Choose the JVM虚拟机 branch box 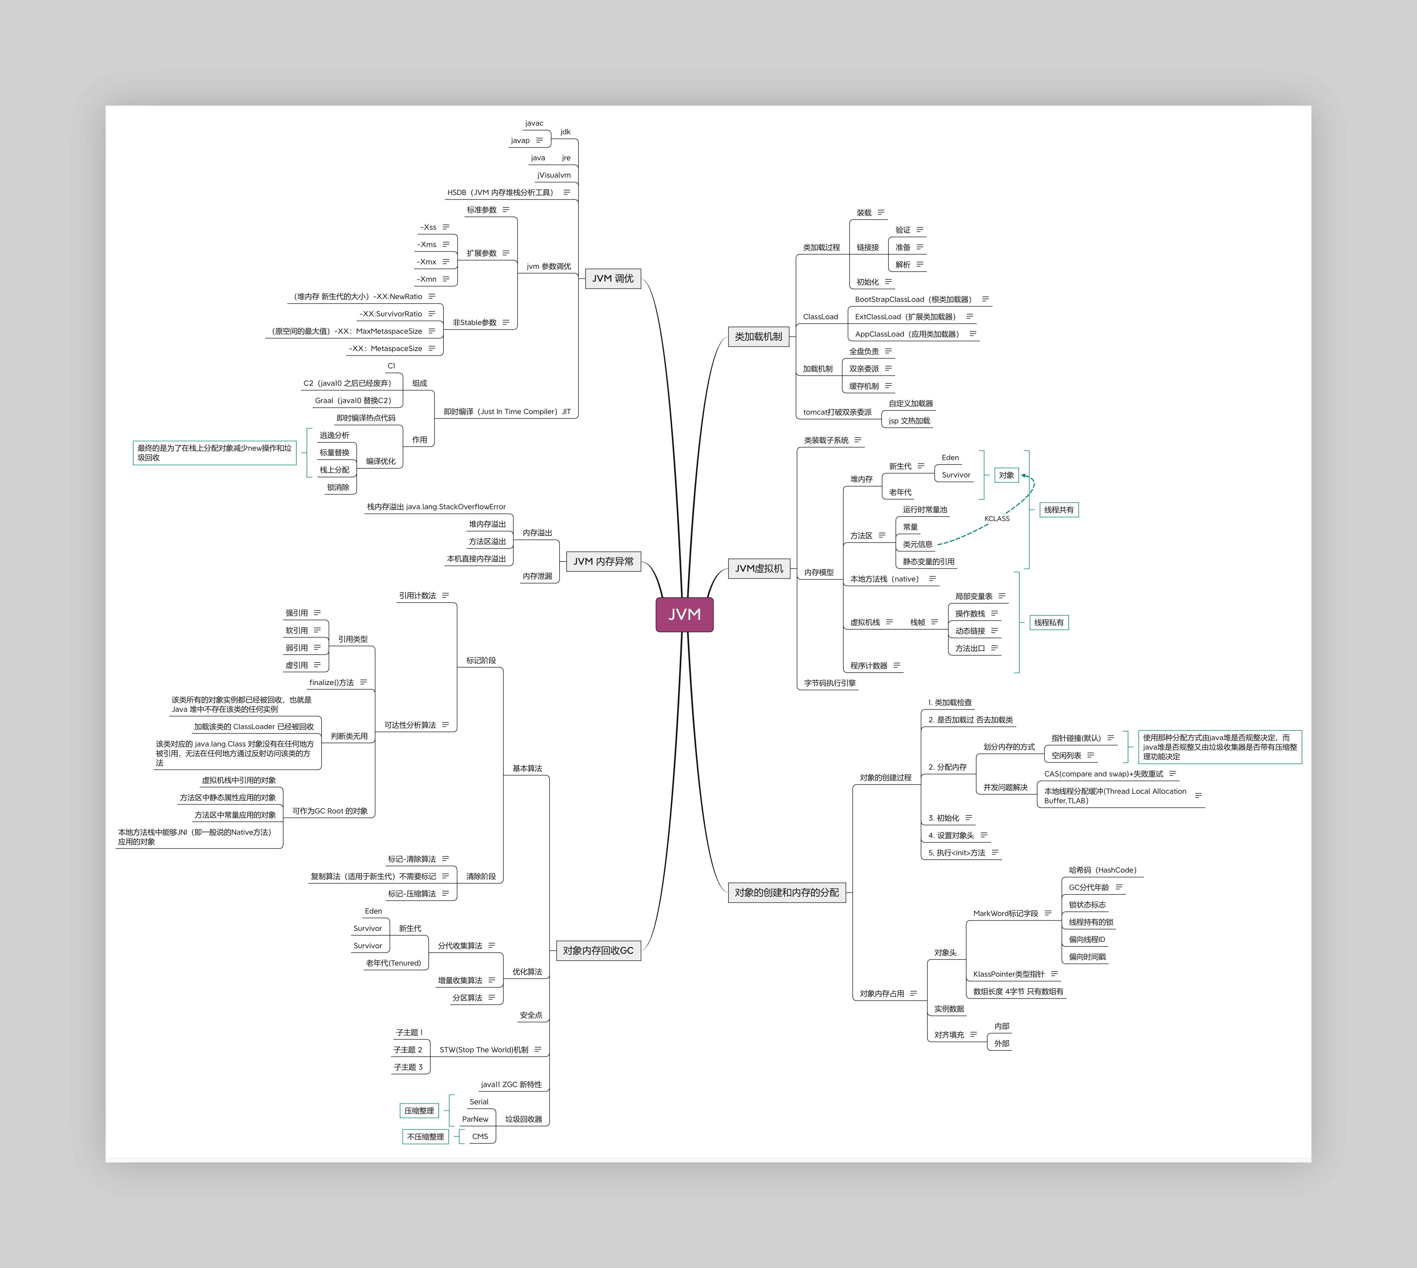click(x=759, y=569)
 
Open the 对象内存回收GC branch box click(x=598, y=950)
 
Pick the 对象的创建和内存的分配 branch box click(x=787, y=893)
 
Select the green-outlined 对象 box click(x=1006, y=475)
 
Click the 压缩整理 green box click(x=419, y=1111)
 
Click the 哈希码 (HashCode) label click(x=1102, y=870)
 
